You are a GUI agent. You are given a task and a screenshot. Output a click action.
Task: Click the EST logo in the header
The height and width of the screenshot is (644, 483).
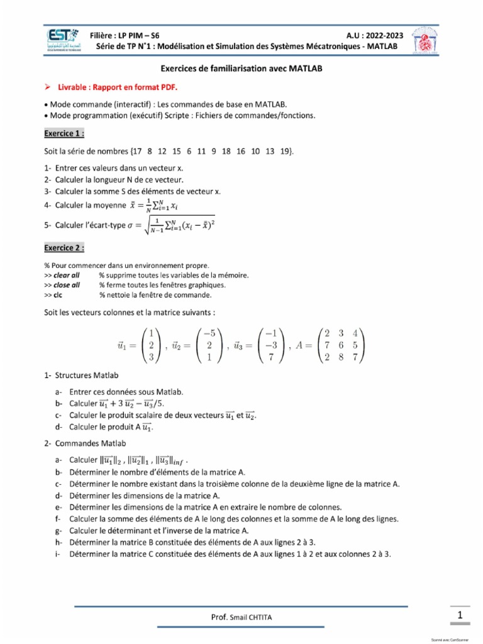pyautogui.click(x=64, y=40)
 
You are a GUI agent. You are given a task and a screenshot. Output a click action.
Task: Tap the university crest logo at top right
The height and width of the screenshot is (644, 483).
pyautogui.click(x=425, y=40)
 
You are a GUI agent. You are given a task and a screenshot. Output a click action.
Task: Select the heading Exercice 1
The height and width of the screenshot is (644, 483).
pyautogui.click(x=64, y=133)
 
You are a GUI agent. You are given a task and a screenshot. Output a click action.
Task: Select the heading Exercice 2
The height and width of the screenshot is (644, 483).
pyautogui.click(x=64, y=248)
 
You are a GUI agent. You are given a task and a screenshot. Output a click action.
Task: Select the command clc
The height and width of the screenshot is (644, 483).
pyautogui.click(x=58, y=294)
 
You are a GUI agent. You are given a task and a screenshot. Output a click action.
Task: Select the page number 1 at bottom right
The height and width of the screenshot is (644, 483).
pyautogui.click(x=460, y=616)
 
